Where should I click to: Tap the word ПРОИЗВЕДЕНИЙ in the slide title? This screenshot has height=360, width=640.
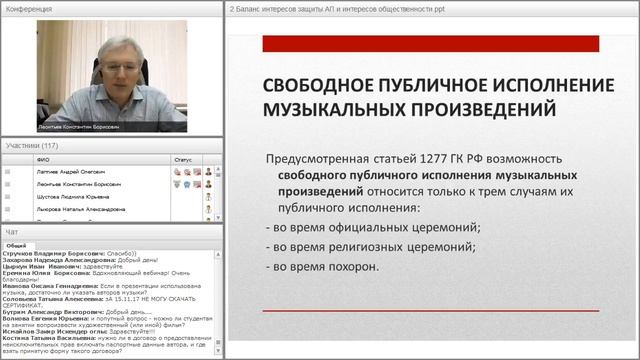coord(451,107)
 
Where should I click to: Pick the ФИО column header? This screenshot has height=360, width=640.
coord(42,158)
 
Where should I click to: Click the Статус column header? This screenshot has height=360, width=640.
coord(182,158)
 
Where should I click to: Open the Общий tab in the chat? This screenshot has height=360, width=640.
coord(16,244)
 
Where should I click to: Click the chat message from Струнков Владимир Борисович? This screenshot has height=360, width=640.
coord(60,254)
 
